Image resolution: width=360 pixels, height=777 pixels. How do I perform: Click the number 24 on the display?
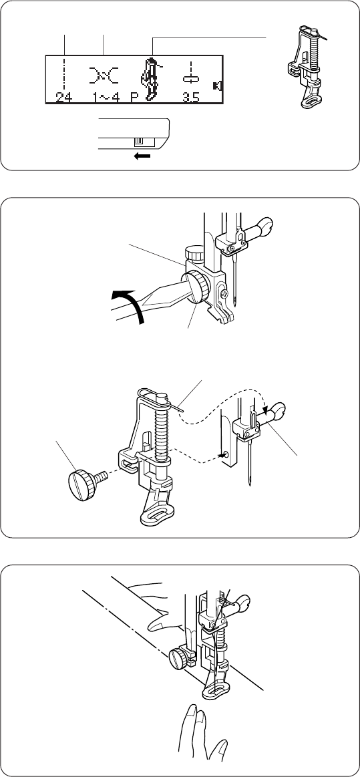pyautogui.click(x=63, y=98)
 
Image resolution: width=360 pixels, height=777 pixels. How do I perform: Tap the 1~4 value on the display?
pyautogui.click(x=105, y=98)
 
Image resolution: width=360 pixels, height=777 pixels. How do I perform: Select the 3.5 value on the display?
pyautogui.click(x=190, y=98)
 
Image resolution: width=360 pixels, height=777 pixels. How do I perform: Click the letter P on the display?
pyautogui.click(x=134, y=98)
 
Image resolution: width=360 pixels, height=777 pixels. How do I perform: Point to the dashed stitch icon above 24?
pyautogui.click(x=64, y=74)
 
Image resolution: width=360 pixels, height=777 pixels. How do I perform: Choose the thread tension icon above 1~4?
pyautogui.click(x=104, y=75)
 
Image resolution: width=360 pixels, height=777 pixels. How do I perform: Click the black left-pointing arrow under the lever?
pyautogui.click(x=142, y=156)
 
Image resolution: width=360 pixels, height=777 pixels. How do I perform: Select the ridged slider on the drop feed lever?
pyautogui.click(x=138, y=142)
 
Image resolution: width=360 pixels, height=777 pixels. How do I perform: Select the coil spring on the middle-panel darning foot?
pyautogui.click(x=162, y=431)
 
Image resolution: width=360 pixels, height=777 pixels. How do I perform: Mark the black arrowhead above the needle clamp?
pyautogui.click(x=267, y=410)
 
